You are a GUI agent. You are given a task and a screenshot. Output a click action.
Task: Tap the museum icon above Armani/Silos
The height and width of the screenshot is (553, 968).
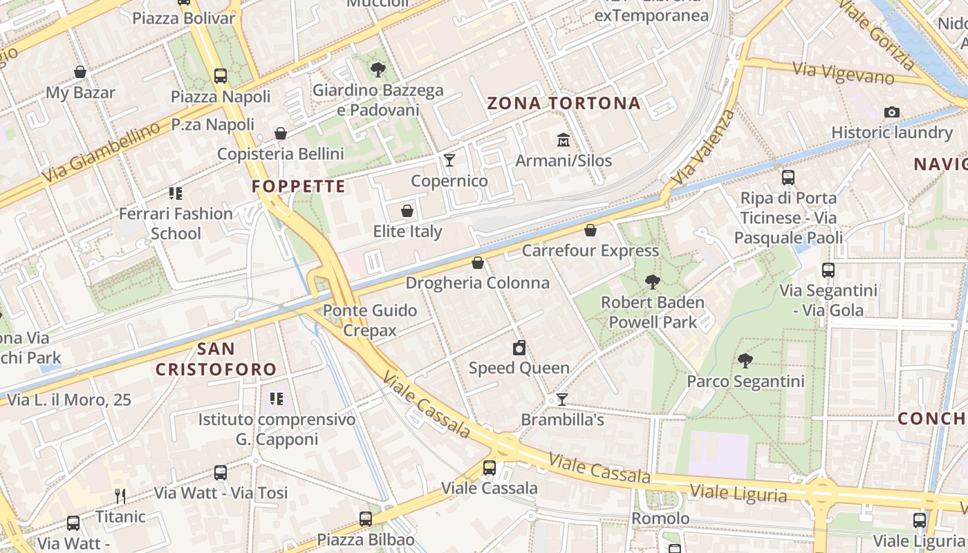click(564, 140)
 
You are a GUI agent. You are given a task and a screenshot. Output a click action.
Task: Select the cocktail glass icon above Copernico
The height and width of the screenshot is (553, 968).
click(449, 160)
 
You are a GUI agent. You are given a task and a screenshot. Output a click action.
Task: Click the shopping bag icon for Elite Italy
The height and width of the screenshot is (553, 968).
click(407, 211)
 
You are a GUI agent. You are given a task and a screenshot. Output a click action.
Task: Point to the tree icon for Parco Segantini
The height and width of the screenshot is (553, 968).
click(745, 360)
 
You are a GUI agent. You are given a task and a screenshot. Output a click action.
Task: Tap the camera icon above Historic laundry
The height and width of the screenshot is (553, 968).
click(892, 112)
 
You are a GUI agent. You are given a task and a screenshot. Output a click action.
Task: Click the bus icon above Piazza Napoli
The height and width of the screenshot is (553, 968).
click(221, 76)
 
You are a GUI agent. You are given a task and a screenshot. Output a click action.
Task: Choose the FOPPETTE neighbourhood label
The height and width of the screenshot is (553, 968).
click(299, 187)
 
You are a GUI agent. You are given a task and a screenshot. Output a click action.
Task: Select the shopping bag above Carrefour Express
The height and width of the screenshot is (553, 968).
click(590, 230)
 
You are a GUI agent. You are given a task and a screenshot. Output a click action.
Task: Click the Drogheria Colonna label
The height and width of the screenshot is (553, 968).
click(477, 283)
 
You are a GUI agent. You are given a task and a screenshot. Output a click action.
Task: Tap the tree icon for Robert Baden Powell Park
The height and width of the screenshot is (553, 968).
click(652, 281)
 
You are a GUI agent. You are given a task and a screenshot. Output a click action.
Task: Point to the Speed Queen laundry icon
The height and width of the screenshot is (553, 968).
click(519, 347)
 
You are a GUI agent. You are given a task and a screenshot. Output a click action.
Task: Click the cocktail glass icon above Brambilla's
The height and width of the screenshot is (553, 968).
click(562, 400)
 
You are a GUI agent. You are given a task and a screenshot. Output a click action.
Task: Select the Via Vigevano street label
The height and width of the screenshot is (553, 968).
click(843, 72)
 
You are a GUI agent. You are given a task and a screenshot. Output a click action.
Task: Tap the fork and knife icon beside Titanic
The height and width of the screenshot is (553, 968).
click(120, 496)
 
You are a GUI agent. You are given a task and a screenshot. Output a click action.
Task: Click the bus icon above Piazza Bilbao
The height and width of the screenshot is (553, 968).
click(366, 518)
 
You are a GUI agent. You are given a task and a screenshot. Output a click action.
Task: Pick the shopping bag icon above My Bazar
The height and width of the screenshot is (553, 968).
click(80, 72)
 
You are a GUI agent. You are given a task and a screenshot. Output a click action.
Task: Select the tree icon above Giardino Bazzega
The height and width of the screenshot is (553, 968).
click(378, 69)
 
